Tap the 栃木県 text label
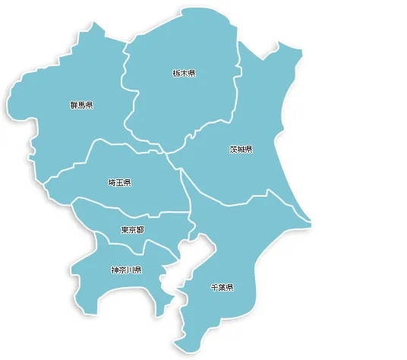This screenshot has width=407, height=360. click(x=184, y=74)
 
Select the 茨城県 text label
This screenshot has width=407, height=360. click(x=241, y=150)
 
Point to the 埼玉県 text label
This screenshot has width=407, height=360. click(x=120, y=182)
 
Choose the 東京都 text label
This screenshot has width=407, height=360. click(x=132, y=229)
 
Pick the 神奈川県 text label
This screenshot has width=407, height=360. click(x=126, y=270)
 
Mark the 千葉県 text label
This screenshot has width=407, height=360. click(x=221, y=288)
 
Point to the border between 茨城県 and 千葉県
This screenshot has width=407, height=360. click(x=251, y=199)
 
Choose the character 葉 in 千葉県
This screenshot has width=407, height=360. click(x=221, y=288)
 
